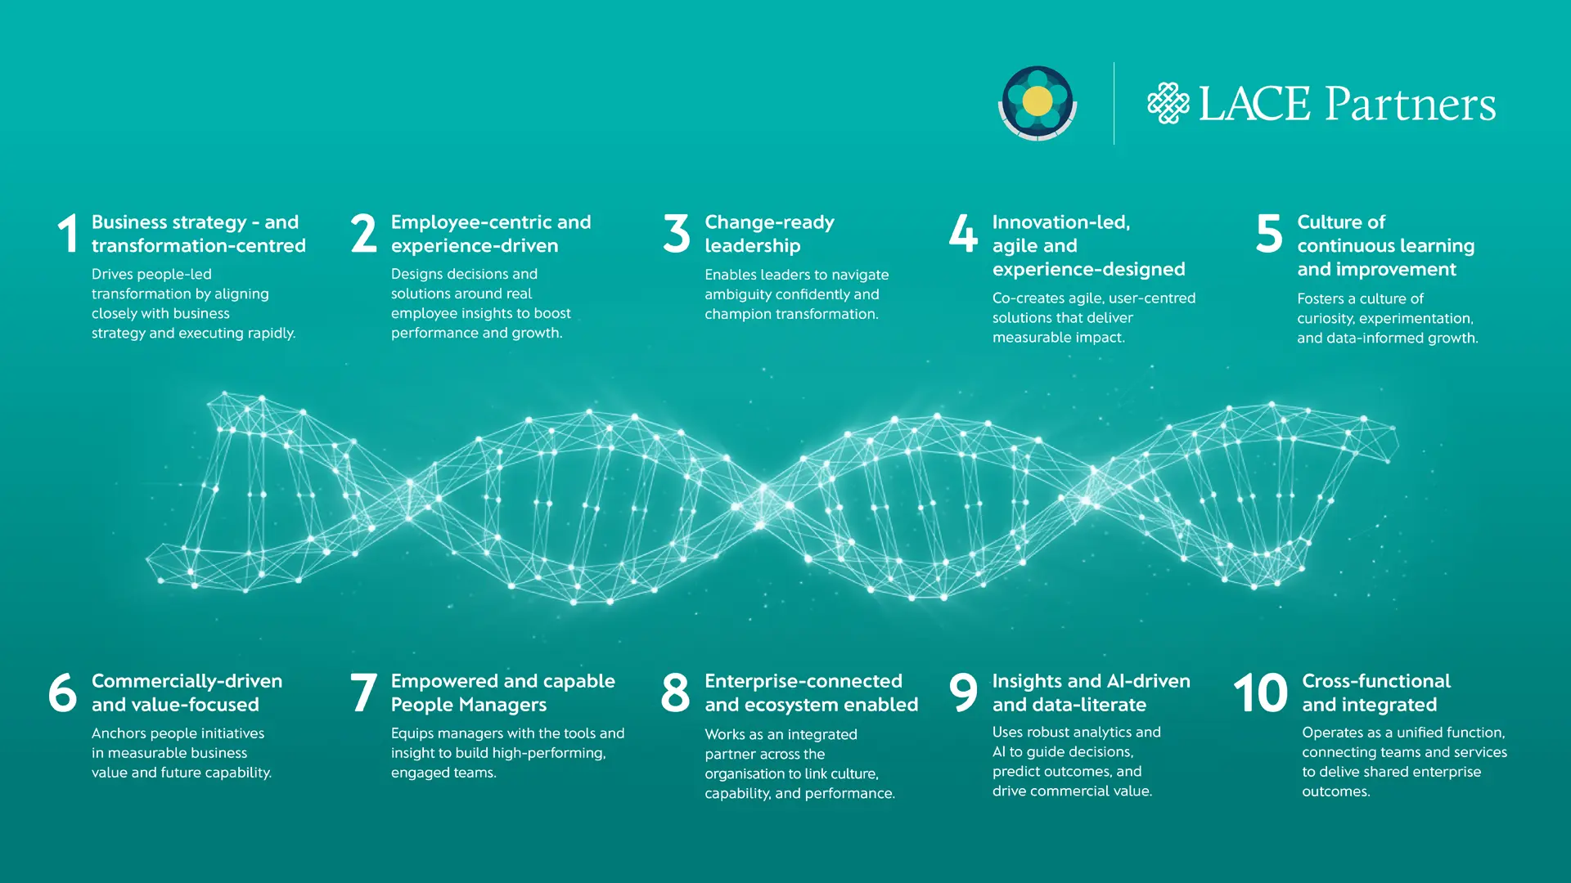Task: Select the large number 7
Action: [363, 693]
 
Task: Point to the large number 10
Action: [1260, 693]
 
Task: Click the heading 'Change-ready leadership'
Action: [769, 234]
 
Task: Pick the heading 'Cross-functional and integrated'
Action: [1375, 693]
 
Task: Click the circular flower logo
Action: [1038, 103]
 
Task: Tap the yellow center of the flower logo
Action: [1038, 101]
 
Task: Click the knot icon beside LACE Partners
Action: [1168, 103]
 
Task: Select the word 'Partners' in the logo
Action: [1410, 104]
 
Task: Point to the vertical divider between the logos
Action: [1114, 103]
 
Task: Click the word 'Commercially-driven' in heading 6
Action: [187, 681]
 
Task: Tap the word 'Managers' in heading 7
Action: [503, 705]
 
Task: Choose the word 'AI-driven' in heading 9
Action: [1144, 681]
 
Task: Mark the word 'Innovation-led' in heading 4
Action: [1060, 222]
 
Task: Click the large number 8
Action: [676, 693]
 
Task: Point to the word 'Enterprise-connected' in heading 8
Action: [804, 681]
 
